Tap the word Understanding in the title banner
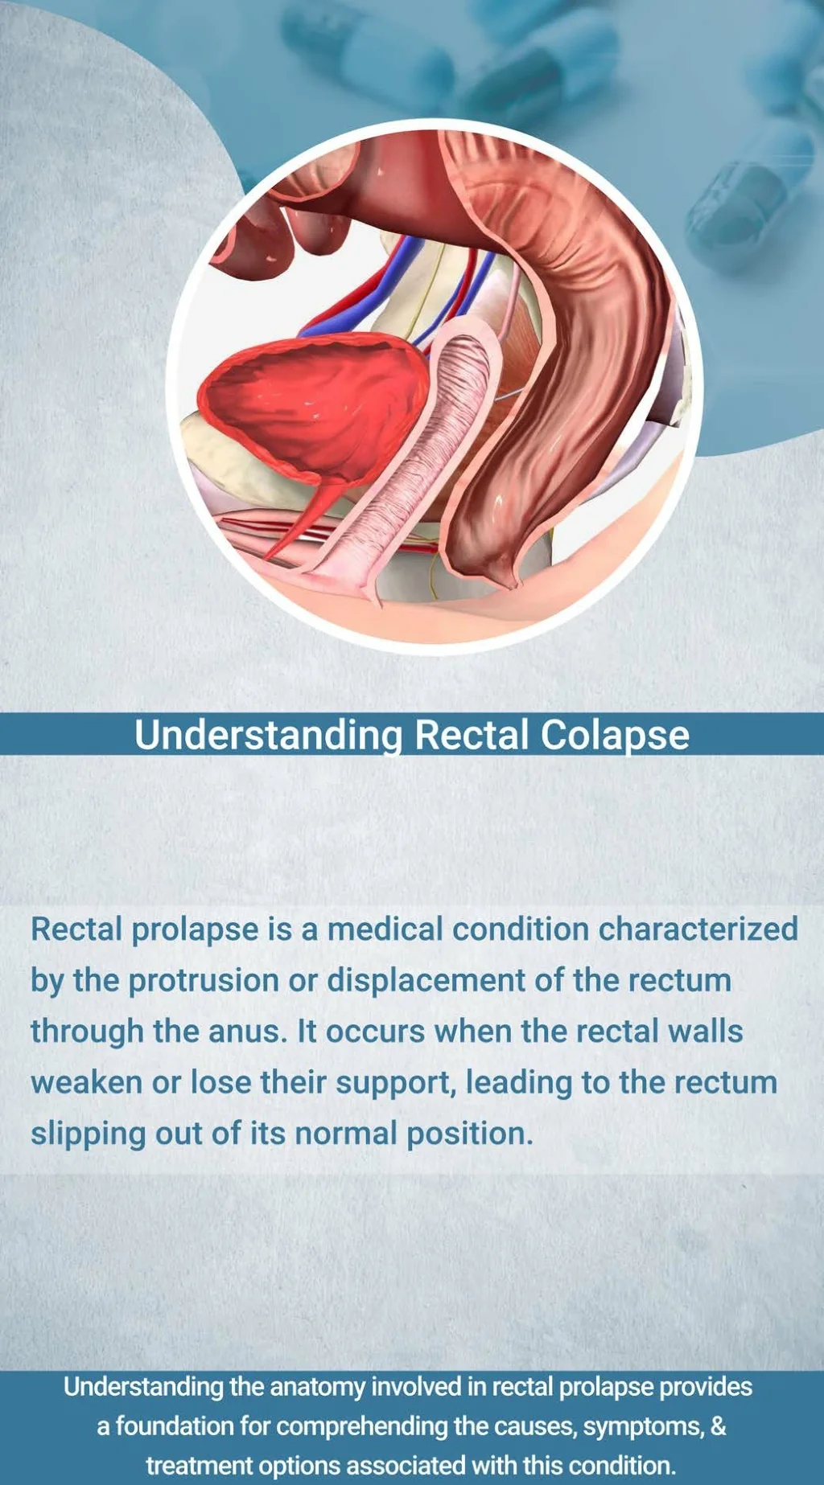tap(268, 735)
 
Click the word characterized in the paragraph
tap(698, 929)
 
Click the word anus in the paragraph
tap(246, 1032)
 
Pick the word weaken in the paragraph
tap(86, 1083)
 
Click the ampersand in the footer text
tap(719, 1426)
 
